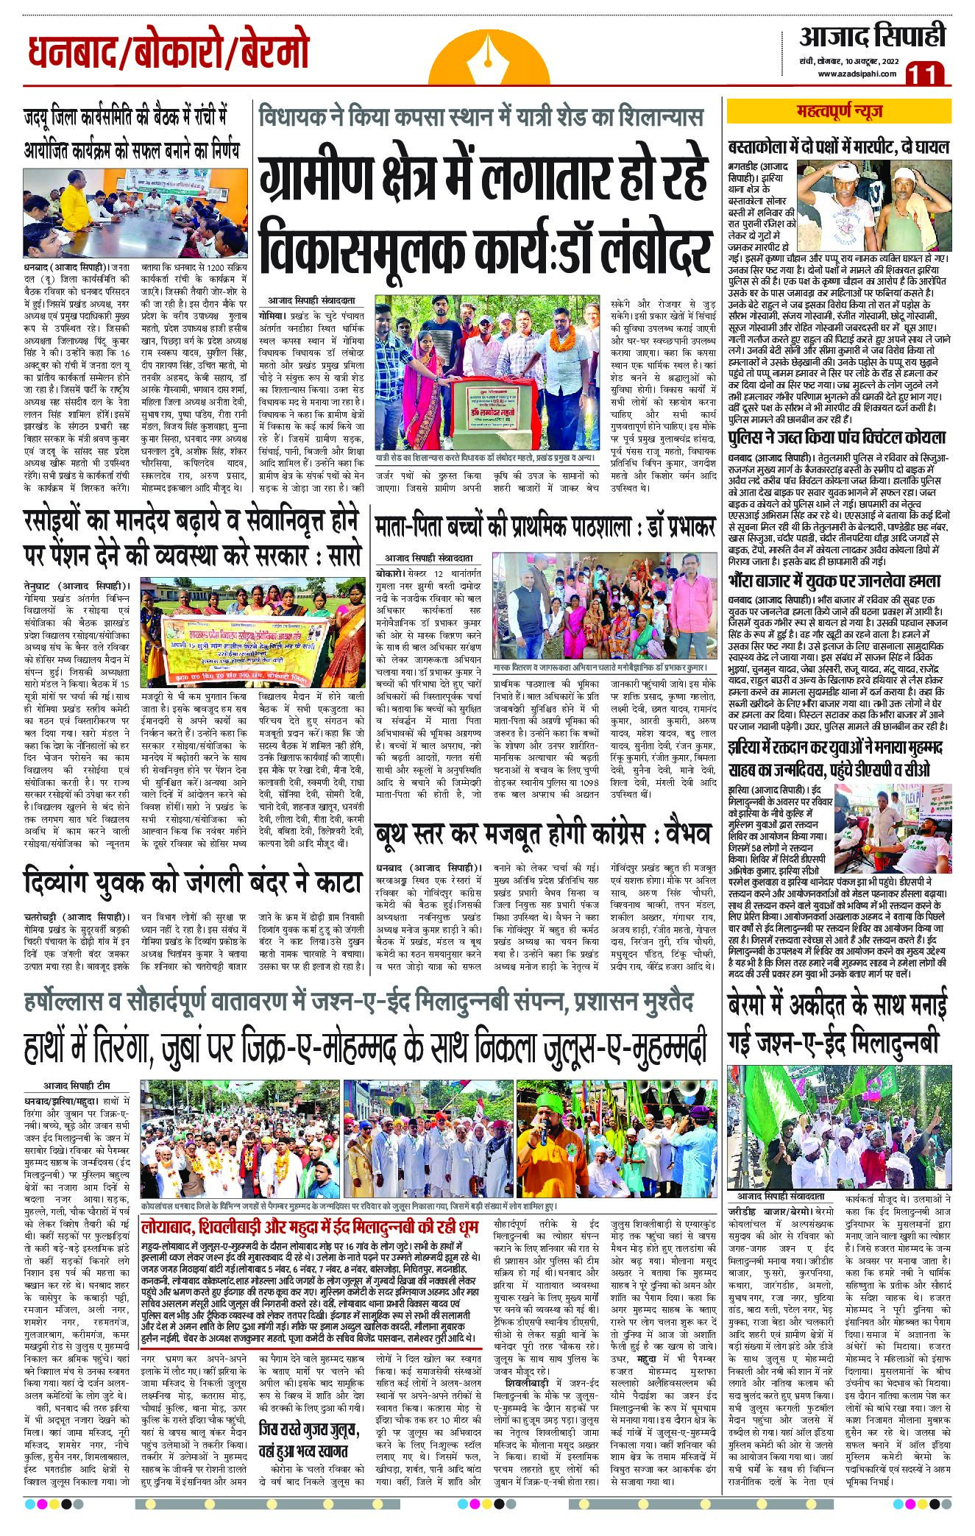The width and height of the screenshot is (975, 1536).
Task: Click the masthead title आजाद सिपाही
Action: point(873,35)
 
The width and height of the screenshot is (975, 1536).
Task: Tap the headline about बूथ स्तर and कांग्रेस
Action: point(544,834)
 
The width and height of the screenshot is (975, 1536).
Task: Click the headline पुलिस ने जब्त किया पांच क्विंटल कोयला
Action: point(836,439)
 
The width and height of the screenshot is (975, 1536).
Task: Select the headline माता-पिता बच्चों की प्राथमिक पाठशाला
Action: point(545,528)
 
